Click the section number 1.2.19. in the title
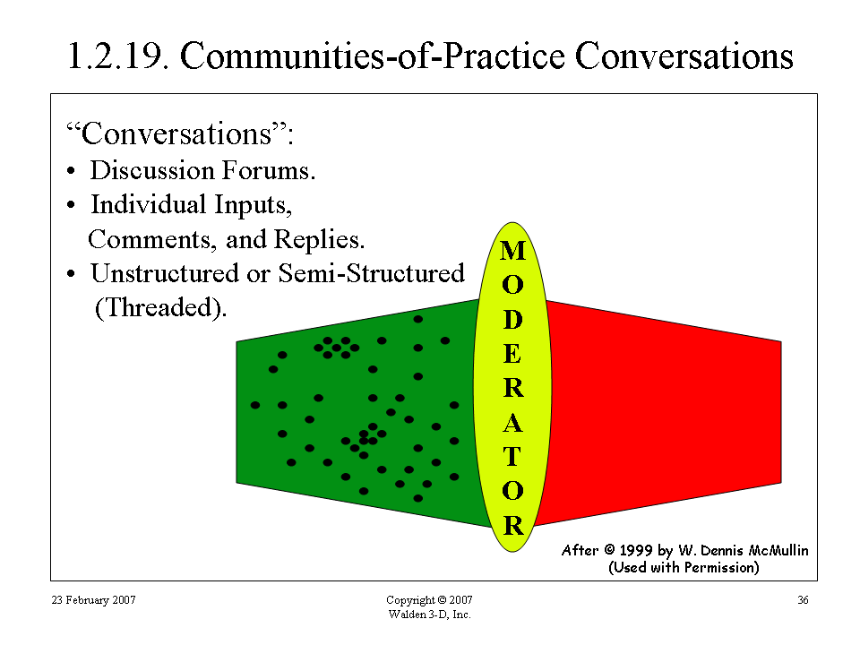(x=117, y=56)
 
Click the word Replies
(x=319, y=240)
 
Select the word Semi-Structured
(x=371, y=273)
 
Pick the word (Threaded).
(x=160, y=307)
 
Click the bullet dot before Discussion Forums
(x=71, y=171)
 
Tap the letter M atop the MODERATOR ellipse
(x=512, y=251)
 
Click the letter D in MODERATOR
(x=512, y=320)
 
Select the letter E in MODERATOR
(x=512, y=355)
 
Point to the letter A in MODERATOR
(x=512, y=424)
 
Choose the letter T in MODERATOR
(x=512, y=456)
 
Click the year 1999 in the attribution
(x=636, y=550)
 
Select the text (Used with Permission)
(x=684, y=567)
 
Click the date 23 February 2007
(x=93, y=600)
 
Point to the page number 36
(x=803, y=600)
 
